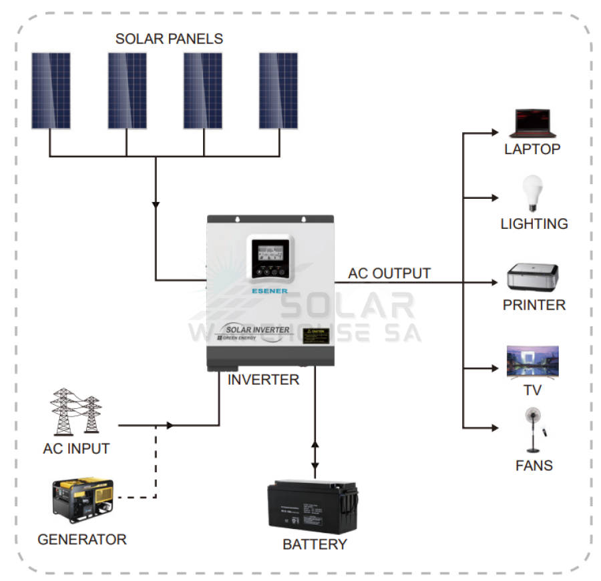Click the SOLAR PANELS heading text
[x=169, y=39]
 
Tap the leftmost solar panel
[x=51, y=90]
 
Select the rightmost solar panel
[x=278, y=90]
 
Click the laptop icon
[x=532, y=124]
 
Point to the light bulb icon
[x=532, y=193]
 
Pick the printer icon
[x=532, y=277]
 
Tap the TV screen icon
[x=532, y=362]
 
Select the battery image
[x=313, y=507]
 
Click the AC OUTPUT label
[x=389, y=273]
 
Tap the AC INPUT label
[x=76, y=449]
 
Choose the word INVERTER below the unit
[x=263, y=380]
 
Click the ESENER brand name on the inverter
[x=270, y=291]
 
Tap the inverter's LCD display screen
[x=270, y=251]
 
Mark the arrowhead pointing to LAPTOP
[x=494, y=131]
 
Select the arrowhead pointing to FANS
[x=494, y=427]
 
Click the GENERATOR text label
[x=81, y=540]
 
